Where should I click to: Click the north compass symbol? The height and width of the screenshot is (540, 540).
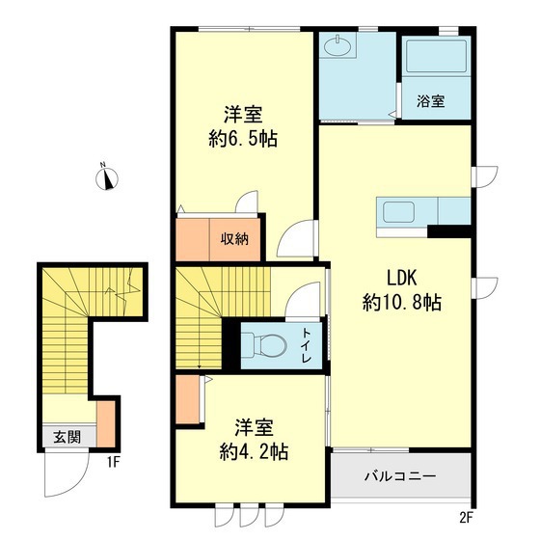tap(110, 176)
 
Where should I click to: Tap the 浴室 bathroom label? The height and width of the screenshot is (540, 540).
tap(431, 101)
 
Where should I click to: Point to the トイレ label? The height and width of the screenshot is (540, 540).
tap(307, 346)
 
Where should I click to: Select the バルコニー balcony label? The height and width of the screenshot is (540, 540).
tap(399, 476)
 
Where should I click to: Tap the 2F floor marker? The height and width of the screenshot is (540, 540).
tap(466, 517)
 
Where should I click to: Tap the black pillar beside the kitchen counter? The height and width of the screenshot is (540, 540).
tap(449, 230)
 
